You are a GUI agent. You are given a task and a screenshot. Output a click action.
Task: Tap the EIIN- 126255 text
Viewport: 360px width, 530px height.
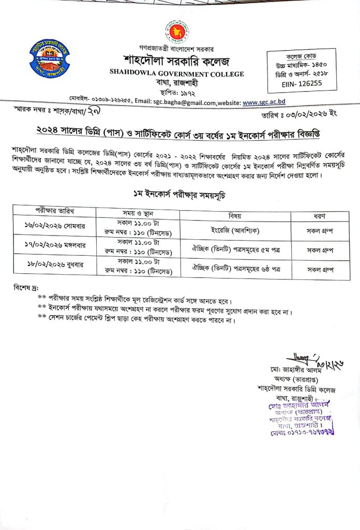295,82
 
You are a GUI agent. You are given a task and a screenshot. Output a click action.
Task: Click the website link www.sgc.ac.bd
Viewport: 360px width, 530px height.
264,102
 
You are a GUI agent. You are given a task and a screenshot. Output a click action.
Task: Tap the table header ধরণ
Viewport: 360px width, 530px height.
319,216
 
